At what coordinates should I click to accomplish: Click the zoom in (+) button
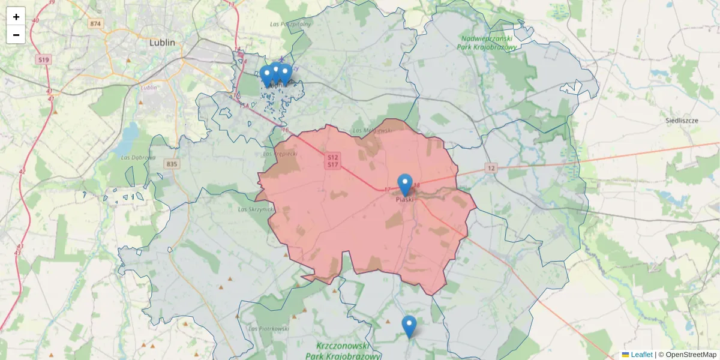click(x=16, y=17)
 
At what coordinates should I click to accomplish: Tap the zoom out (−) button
click(x=16, y=35)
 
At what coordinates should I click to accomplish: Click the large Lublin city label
click(x=162, y=43)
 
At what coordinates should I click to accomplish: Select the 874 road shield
click(x=95, y=24)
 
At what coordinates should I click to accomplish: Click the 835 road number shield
click(x=172, y=164)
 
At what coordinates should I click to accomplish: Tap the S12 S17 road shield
click(x=333, y=160)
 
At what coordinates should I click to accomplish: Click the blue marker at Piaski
click(x=405, y=182)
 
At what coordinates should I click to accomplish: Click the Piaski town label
click(x=404, y=200)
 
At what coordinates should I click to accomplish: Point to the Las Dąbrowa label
click(x=138, y=158)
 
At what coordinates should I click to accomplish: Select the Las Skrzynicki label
click(x=256, y=210)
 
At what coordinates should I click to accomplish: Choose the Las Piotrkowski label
click(x=269, y=329)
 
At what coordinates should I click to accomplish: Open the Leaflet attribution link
click(x=641, y=355)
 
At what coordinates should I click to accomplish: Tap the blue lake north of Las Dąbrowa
click(x=127, y=139)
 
